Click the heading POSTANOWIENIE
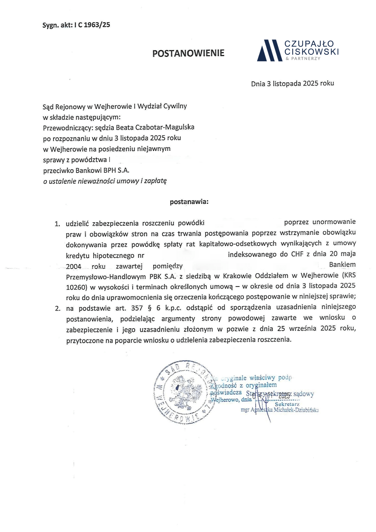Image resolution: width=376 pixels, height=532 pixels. [x=188, y=53]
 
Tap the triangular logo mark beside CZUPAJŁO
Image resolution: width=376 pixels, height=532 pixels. [x=269, y=50]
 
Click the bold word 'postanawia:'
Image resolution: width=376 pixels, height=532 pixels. [x=189, y=202]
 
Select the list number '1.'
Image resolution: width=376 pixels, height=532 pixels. [x=57, y=224]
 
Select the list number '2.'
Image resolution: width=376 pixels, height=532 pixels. [x=57, y=309]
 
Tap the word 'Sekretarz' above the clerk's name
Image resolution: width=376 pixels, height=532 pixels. [x=287, y=404]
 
